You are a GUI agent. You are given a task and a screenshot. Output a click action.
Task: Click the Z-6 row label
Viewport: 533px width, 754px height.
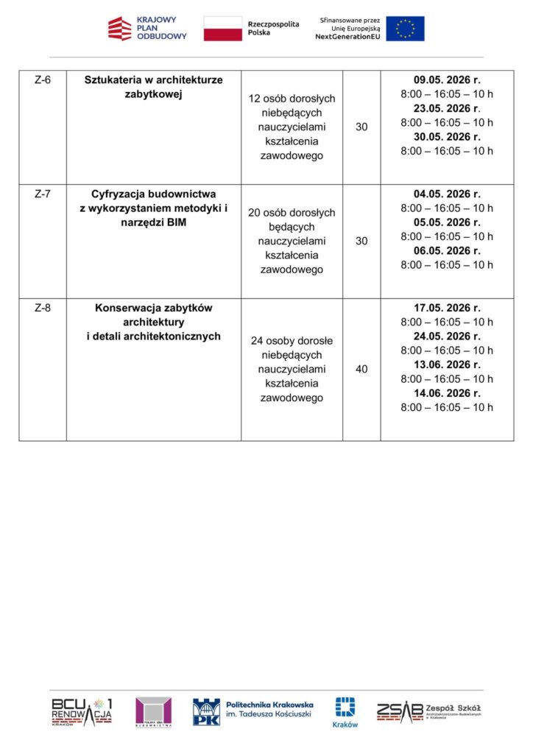click(43, 80)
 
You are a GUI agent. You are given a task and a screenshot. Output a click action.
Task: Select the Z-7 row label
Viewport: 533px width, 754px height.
click(43, 194)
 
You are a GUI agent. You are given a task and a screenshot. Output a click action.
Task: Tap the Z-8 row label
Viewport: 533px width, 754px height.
click(43, 308)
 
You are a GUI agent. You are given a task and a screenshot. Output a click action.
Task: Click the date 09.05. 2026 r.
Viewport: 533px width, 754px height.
click(447, 80)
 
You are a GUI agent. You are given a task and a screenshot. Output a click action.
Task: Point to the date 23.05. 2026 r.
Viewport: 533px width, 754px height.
click(447, 108)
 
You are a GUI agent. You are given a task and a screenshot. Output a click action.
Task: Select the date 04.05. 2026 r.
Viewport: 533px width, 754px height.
click(447, 194)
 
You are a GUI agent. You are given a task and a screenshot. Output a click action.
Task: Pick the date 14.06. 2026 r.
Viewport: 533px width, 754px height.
click(447, 393)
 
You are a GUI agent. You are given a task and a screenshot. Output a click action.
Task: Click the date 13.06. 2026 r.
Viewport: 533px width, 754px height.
click(447, 364)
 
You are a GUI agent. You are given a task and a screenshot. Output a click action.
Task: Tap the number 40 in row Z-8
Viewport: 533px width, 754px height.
click(361, 370)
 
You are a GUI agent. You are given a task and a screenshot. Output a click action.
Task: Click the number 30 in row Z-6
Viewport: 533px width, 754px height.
click(361, 127)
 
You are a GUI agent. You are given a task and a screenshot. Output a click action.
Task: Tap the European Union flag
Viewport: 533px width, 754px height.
click(405, 29)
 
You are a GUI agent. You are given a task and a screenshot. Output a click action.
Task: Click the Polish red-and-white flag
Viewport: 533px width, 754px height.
click(222, 29)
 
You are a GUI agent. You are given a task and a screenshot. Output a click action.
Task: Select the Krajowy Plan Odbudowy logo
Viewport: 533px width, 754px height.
click(147, 29)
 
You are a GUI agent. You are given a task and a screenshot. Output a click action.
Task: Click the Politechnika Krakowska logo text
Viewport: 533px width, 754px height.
click(269, 709)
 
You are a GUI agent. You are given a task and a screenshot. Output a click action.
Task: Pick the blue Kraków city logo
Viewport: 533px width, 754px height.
click(345, 712)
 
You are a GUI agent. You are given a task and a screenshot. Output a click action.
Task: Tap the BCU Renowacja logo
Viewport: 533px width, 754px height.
click(82, 711)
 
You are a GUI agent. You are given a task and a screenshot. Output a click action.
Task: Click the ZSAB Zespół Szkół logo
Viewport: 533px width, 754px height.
click(428, 711)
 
